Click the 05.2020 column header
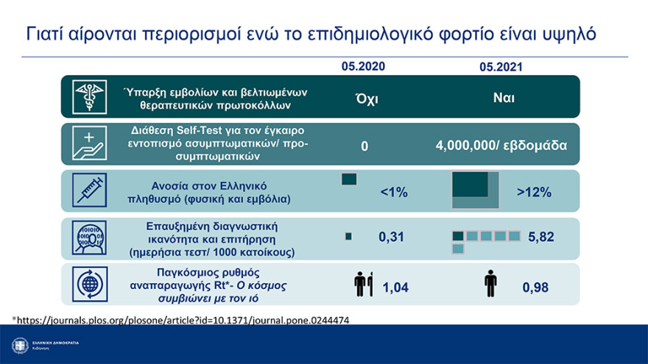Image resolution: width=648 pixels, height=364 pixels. pos(362,66)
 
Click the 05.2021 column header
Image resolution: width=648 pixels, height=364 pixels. pos(501,67)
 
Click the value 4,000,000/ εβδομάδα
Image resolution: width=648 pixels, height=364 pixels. pos(501,146)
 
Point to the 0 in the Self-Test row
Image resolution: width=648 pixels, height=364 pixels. pos(364,146)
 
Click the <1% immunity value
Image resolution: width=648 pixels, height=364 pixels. pos(393,192)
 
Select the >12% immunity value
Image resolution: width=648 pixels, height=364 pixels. pos(533,193)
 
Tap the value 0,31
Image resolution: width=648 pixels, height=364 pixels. pos(392,237)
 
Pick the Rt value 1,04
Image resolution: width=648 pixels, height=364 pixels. pos(395,288)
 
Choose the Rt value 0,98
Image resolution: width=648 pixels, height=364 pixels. pos(535,288)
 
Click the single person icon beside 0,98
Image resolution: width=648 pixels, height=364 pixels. pos(490,284)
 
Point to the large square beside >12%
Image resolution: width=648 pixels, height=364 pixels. pos(475,191)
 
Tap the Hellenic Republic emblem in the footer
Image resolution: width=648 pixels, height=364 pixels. pos(20,344)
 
